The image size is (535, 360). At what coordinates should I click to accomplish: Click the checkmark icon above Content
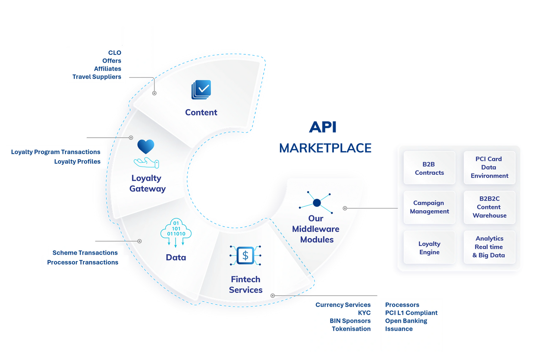coord(201,90)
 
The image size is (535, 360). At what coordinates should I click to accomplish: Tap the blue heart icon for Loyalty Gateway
coord(146,147)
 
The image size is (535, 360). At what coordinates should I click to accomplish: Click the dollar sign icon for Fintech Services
coord(245,256)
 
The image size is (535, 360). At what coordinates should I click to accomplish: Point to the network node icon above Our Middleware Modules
coord(317,202)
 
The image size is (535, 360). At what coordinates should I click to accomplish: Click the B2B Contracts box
coord(429,168)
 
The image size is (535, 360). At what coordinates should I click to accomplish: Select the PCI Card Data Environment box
coord(489,167)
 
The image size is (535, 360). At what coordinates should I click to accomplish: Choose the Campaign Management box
coord(429,207)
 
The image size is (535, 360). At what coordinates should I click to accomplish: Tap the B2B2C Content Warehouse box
coord(489,207)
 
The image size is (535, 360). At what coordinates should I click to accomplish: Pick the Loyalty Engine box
coord(429,248)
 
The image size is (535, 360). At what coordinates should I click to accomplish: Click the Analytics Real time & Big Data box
coord(489,247)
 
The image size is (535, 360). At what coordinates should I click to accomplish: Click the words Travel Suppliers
coord(97,77)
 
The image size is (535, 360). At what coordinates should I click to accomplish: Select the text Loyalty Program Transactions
coord(56,152)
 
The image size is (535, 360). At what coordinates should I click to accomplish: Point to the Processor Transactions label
coord(82,262)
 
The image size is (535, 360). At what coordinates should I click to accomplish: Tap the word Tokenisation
coord(351,329)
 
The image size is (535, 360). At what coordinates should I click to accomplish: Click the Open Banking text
coord(406,321)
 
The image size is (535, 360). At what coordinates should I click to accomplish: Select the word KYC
coord(364,313)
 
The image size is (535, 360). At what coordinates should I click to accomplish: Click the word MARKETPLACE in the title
coord(325,148)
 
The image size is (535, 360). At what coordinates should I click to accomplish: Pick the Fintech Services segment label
coord(245,284)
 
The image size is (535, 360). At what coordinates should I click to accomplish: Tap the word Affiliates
coord(107,69)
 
